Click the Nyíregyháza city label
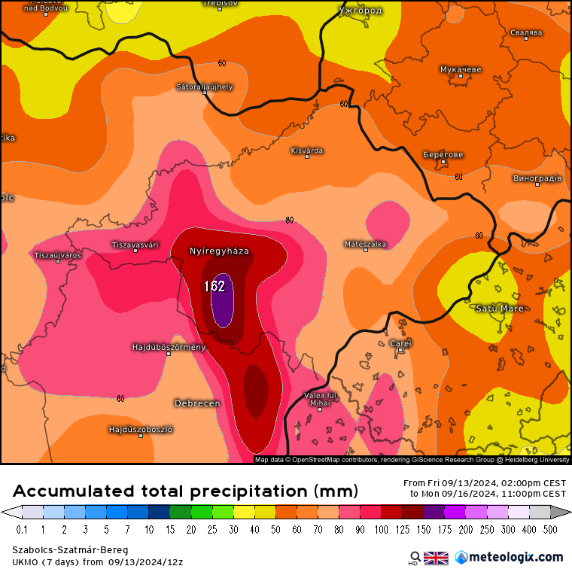pyautogui.click(x=219, y=251)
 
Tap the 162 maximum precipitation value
pyautogui.click(x=215, y=286)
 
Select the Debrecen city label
pyautogui.click(x=197, y=403)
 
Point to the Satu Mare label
pyautogui.click(x=500, y=309)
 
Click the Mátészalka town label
pyautogui.click(x=365, y=244)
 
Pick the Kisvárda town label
pyautogui.click(x=307, y=151)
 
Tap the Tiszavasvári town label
pyautogui.click(x=135, y=245)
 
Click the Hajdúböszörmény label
pyautogui.click(x=169, y=347)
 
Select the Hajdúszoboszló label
pyautogui.click(x=141, y=430)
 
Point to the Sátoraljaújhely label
pyautogui.click(x=205, y=87)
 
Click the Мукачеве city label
pyautogui.click(x=461, y=69)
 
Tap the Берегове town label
pyautogui.click(x=443, y=155)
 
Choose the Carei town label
pyautogui.click(x=400, y=343)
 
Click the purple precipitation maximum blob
pyautogui.click(x=222, y=301)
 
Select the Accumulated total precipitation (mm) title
pyautogui.click(x=185, y=491)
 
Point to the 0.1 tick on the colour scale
pyautogui.click(x=22, y=529)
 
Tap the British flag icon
pyautogui.click(x=436, y=558)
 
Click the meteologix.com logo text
pyautogui.click(x=516, y=557)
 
